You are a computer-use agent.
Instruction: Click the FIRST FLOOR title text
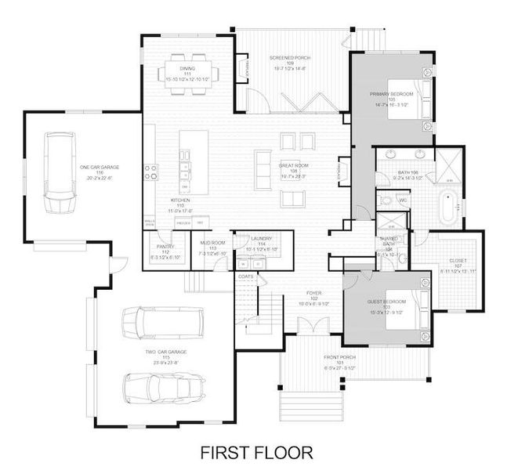point(256,452)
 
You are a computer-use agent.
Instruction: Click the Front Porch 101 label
point(340,361)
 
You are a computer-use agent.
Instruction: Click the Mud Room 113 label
point(212,248)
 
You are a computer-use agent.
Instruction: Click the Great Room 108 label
point(293,170)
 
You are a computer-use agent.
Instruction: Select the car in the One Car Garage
point(57,172)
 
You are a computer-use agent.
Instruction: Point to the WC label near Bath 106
point(402,201)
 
